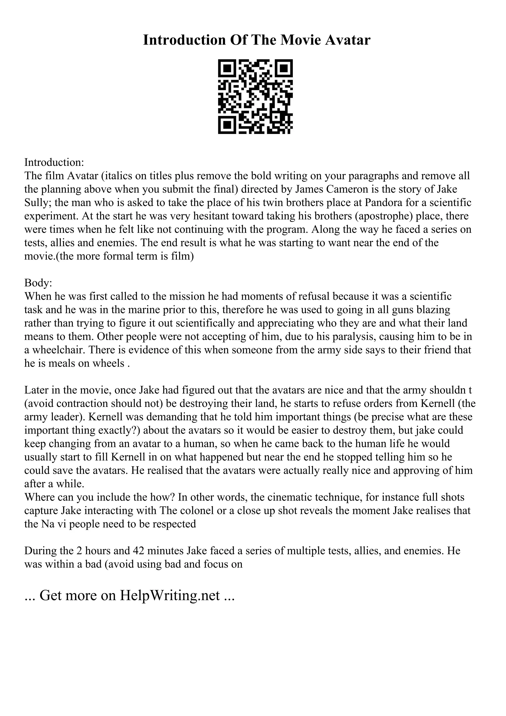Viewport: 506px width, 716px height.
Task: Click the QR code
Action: (x=255, y=97)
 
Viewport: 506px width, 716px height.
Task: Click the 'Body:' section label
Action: (x=38, y=283)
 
